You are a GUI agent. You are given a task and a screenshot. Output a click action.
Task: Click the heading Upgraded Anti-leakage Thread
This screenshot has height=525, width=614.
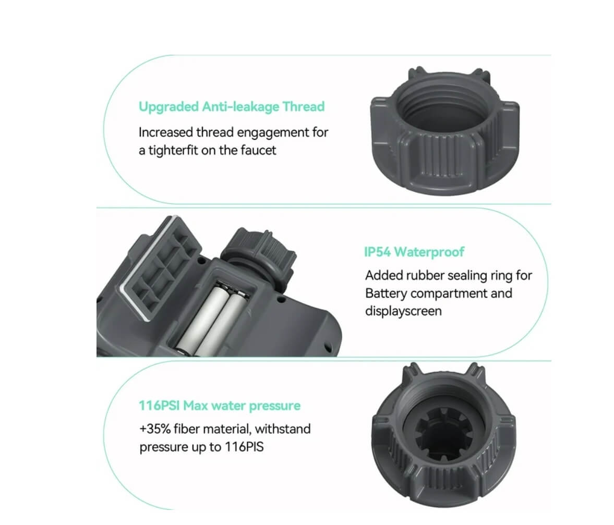[231, 107]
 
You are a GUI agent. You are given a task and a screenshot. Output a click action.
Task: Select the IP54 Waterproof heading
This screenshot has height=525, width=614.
[414, 252]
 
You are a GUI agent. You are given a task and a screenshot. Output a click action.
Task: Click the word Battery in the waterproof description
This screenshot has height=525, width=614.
[386, 293]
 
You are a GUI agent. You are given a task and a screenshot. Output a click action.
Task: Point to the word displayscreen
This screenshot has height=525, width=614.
[403, 311]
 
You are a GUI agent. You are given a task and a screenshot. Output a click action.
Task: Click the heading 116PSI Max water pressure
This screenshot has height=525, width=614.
[220, 405]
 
